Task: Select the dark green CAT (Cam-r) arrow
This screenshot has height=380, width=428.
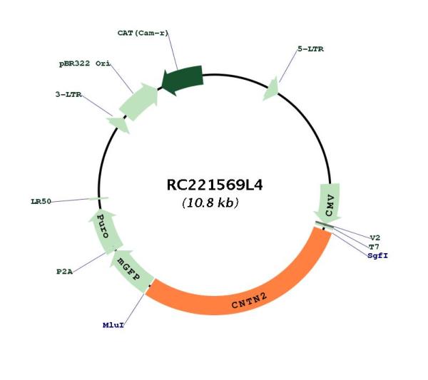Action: (183, 80)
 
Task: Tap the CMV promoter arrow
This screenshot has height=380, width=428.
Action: (328, 203)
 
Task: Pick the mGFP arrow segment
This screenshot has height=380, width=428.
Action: (131, 271)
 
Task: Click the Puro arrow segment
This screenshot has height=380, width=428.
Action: (105, 231)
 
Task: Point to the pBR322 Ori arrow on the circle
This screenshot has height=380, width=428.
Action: (139, 101)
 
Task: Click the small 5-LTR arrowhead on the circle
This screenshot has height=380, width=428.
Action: (271, 88)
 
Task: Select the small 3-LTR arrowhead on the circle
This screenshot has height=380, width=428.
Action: (118, 125)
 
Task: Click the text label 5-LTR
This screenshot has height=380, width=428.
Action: (310, 49)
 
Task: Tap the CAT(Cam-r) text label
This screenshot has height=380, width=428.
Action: (143, 33)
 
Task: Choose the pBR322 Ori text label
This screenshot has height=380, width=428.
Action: (85, 63)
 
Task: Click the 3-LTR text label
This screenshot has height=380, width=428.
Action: (68, 94)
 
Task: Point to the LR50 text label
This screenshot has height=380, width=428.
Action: (41, 202)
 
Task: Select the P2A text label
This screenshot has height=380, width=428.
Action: (64, 272)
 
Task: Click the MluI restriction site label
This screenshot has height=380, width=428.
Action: (113, 325)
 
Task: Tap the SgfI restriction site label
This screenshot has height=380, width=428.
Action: (377, 256)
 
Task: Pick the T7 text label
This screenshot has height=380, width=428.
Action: (374, 247)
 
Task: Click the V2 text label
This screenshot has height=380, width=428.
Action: (374, 238)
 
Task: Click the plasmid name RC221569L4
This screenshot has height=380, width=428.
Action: (215, 185)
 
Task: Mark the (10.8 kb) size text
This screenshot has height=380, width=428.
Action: (210, 202)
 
